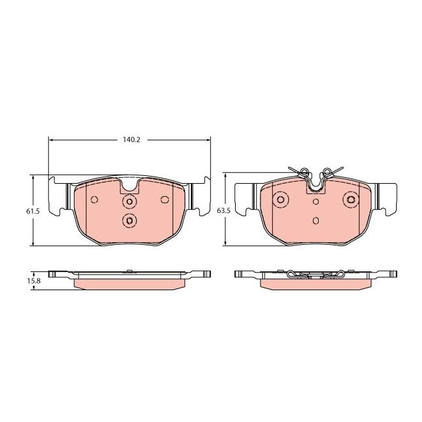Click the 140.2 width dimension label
tap(129, 139)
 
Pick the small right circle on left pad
tap(165, 199)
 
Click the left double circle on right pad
tap(281, 200)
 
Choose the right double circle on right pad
tap(351, 200)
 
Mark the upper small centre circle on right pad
tap(316, 202)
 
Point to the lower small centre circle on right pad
tap(316, 220)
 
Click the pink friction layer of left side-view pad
tap(129, 284)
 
